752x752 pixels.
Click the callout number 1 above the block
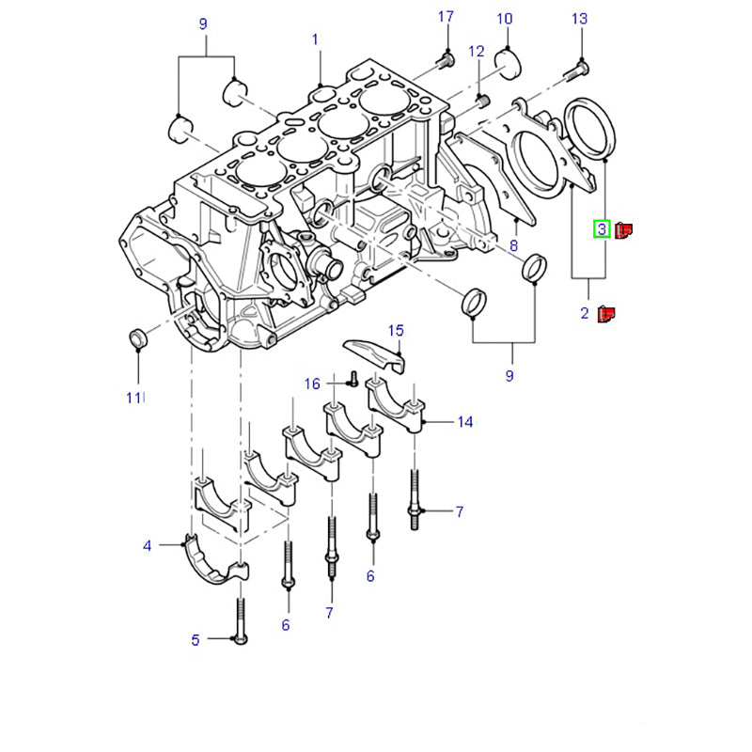coord(315,39)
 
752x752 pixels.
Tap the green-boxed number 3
coord(602,228)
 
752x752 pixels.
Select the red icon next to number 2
coord(606,314)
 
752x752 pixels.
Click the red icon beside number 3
coord(623,230)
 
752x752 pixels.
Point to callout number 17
coord(446,17)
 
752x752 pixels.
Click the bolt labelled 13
coord(576,71)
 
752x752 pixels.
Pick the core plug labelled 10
coord(508,62)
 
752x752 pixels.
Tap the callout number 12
coord(477,52)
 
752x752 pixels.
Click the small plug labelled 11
coord(138,337)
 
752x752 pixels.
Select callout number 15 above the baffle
coord(396,331)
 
